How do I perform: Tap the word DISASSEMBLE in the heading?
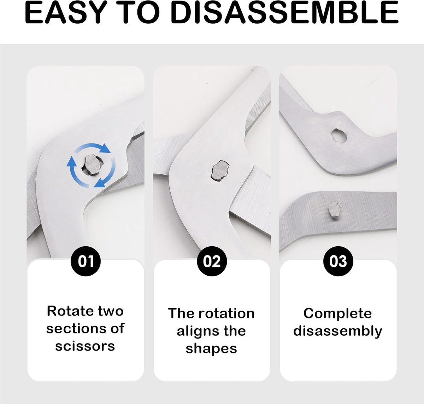coord(284,12)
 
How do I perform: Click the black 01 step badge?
coord(86,261)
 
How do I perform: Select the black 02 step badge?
coord(212,261)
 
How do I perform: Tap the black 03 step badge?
coord(338,261)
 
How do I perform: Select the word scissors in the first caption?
coord(85,346)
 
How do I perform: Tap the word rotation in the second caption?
coord(227,313)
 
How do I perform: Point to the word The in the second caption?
coord(182,313)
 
